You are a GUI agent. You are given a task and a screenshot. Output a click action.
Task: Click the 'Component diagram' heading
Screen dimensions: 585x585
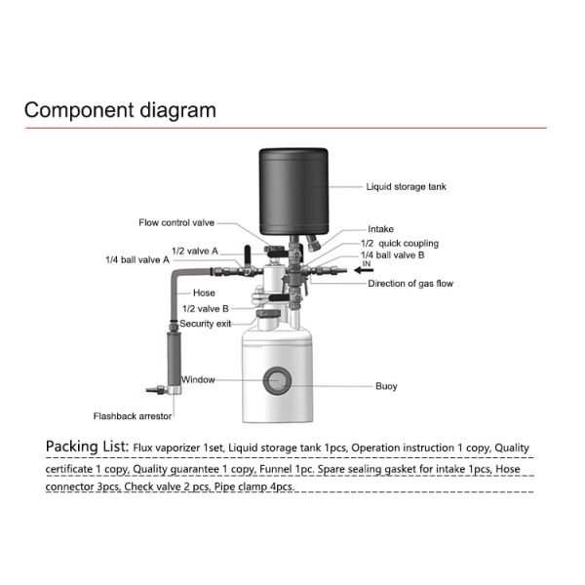(120, 109)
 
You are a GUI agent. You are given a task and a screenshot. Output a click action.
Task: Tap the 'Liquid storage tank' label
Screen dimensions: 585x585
(407, 186)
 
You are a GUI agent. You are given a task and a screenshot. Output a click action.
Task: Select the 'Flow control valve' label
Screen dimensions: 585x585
(176, 222)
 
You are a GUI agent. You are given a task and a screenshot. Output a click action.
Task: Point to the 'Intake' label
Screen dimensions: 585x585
(381, 229)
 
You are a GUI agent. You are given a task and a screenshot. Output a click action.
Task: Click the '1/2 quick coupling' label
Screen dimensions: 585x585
(400, 243)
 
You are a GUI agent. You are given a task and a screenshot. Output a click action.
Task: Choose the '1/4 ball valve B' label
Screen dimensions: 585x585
(393, 255)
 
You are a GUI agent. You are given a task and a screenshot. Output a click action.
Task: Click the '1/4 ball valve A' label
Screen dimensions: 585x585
(137, 260)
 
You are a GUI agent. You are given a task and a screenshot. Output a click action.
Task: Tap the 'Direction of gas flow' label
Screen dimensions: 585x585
(410, 284)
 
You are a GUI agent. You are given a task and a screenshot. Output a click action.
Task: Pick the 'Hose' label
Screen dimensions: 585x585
(204, 292)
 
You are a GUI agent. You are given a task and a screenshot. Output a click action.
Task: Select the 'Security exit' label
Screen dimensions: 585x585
(205, 324)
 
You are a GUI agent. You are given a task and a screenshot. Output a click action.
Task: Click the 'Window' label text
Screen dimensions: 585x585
(198, 379)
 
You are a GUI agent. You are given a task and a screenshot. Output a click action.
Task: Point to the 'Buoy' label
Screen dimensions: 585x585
(386, 386)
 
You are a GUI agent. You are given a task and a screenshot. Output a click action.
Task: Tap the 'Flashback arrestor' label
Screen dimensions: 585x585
(133, 416)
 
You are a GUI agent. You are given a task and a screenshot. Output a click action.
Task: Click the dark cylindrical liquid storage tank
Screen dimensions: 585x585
(292, 188)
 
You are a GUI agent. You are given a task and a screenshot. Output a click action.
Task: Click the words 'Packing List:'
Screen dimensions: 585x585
(87, 447)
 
